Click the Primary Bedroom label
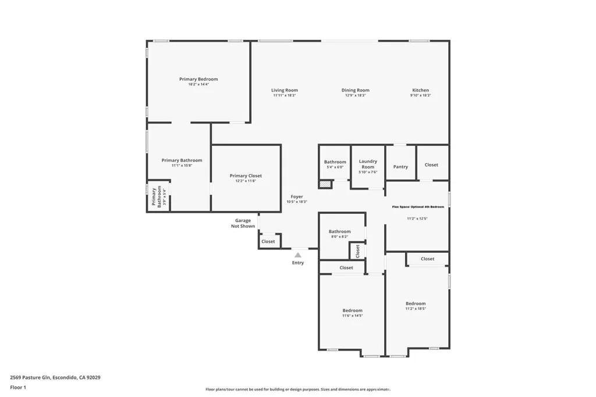[x=198, y=79]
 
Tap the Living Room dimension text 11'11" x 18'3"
[x=285, y=95]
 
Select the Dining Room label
[x=355, y=90]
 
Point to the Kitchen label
[x=420, y=90]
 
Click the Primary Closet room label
[x=246, y=176]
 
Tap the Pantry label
[x=400, y=167]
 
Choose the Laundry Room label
[x=368, y=164]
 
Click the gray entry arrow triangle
[x=298, y=255]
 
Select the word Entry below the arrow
[x=298, y=263]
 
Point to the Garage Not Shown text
[x=243, y=223]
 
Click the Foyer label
[x=297, y=196]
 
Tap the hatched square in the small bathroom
[x=324, y=184]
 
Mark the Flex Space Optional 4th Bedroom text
[x=418, y=206]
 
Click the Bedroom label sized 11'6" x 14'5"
[x=352, y=310]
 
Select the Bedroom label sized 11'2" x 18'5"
[x=416, y=303]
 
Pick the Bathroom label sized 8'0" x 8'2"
[x=339, y=231]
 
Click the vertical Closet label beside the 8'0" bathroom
[x=357, y=251]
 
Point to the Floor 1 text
[x=18, y=387]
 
